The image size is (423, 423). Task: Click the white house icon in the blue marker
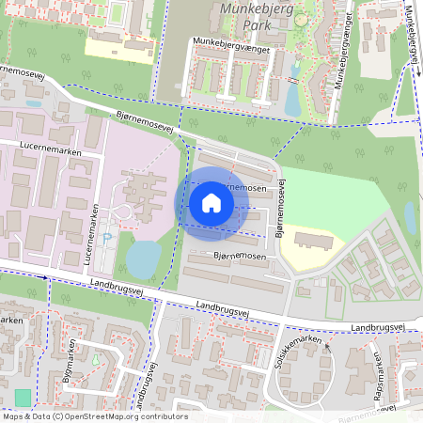click(x=211, y=202)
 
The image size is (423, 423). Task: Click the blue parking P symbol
click(x=105, y=239)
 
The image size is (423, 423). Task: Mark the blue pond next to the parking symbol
click(x=143, y=258)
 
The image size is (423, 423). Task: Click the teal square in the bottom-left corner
click(x=23, y=397)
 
